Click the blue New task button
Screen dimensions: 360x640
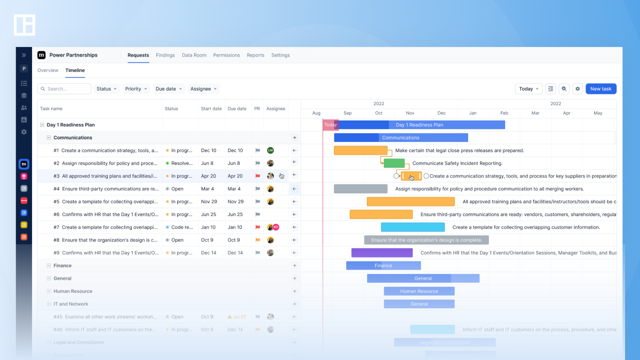(601, 89)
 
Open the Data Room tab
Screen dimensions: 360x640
(194, 55)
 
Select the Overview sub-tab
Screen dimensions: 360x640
(47, 70)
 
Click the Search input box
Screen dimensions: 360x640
(65, 89)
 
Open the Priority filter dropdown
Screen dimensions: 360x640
(137, 89)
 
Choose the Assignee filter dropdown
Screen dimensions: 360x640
(204, 89)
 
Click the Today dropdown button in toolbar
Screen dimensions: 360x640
(529, 89)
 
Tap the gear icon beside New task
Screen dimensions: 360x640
(577, 89)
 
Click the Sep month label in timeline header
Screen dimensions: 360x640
(348, 113)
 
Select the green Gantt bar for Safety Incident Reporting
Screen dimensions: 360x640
(394, 163)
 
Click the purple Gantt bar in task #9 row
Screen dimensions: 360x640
(381, 253)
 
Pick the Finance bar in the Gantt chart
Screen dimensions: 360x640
(383, 266)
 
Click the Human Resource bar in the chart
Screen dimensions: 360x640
(419, 291)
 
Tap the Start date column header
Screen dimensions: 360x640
(211, 109)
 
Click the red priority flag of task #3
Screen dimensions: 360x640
(257, 176)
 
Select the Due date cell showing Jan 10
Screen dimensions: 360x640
(235, 227)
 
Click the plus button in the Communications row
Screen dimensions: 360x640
(294, 138)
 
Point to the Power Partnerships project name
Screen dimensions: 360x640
(74, 55)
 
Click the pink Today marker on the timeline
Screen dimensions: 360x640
(330, 125)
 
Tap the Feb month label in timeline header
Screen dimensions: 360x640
(504, 113)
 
